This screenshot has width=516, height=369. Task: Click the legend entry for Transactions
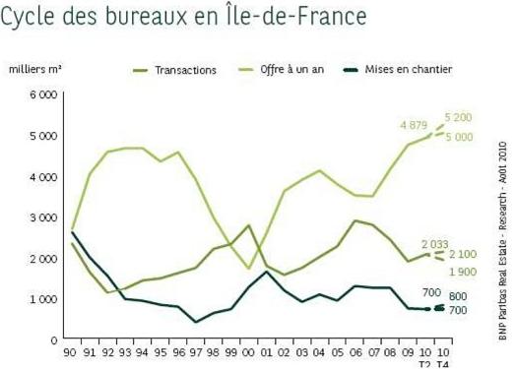coord(185,70)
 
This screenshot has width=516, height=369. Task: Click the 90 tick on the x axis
coord(72,351)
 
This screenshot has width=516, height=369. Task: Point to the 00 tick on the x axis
coord(248,351)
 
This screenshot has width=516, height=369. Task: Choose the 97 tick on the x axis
coord(195,351)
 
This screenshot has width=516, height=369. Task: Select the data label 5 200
coord(459,117)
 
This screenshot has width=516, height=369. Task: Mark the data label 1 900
coord(463,272)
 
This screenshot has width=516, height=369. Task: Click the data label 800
coord(459,296)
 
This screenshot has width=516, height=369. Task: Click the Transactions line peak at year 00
coord(248,225)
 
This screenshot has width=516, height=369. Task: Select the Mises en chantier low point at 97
coord(195,322)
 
